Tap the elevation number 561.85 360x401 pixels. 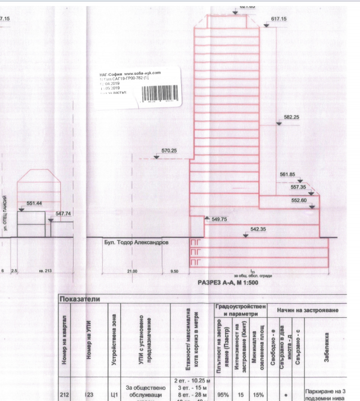[287, 174]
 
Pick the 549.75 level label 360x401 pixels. [220, 219]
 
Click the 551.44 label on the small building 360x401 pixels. [34, 202]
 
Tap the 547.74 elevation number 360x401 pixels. [64, 214]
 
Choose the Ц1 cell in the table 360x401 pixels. [114, 394]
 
